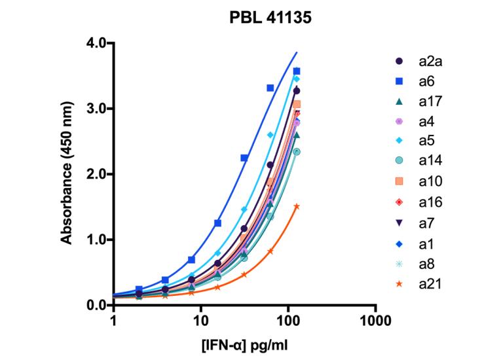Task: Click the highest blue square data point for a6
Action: point(296,71)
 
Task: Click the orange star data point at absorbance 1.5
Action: point(296,206)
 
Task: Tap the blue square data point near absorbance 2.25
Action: point(244,158)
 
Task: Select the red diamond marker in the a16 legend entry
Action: point(399,203)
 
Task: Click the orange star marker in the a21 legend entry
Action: point(399,284)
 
